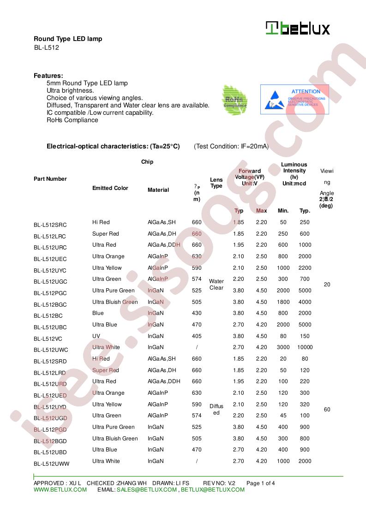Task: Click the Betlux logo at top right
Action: pos(298,29)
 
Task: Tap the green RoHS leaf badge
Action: pos(235,100)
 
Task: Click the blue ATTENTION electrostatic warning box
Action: pos(294,99)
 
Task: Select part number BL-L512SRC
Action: pos(50,225)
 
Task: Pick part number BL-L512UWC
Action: pos(51,350)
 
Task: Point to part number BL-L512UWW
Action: pos(51,464)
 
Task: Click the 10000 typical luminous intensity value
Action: pos(305,347)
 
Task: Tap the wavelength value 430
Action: pos(197,313)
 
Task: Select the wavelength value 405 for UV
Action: pos(197,336)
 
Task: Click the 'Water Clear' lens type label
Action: pos(216,285)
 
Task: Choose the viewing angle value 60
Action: pos(327,410)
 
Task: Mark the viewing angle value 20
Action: pos(327,285)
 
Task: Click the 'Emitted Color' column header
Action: pos(110,188)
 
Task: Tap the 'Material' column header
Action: pos(158,190)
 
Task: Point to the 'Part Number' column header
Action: pos(50,179)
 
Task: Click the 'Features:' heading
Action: pos(48,76)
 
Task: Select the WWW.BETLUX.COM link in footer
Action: pos(60,490)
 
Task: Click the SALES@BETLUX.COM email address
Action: pos(146,490)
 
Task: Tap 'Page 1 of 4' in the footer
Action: pos(261,483)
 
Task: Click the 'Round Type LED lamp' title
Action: pos(68,39)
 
